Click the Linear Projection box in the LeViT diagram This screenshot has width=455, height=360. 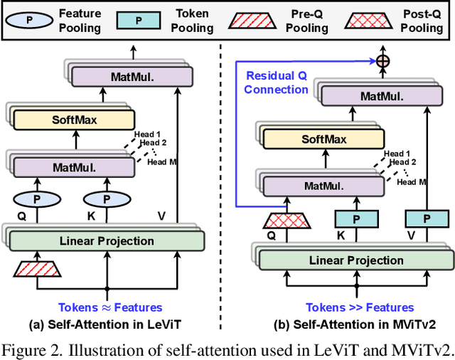[x=107, y=241]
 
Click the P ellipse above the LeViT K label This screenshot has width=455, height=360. [x=107, y=198]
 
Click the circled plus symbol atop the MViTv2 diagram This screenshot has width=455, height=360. [x=383, y=61]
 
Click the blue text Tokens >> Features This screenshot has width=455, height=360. [x=360, y=308]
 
